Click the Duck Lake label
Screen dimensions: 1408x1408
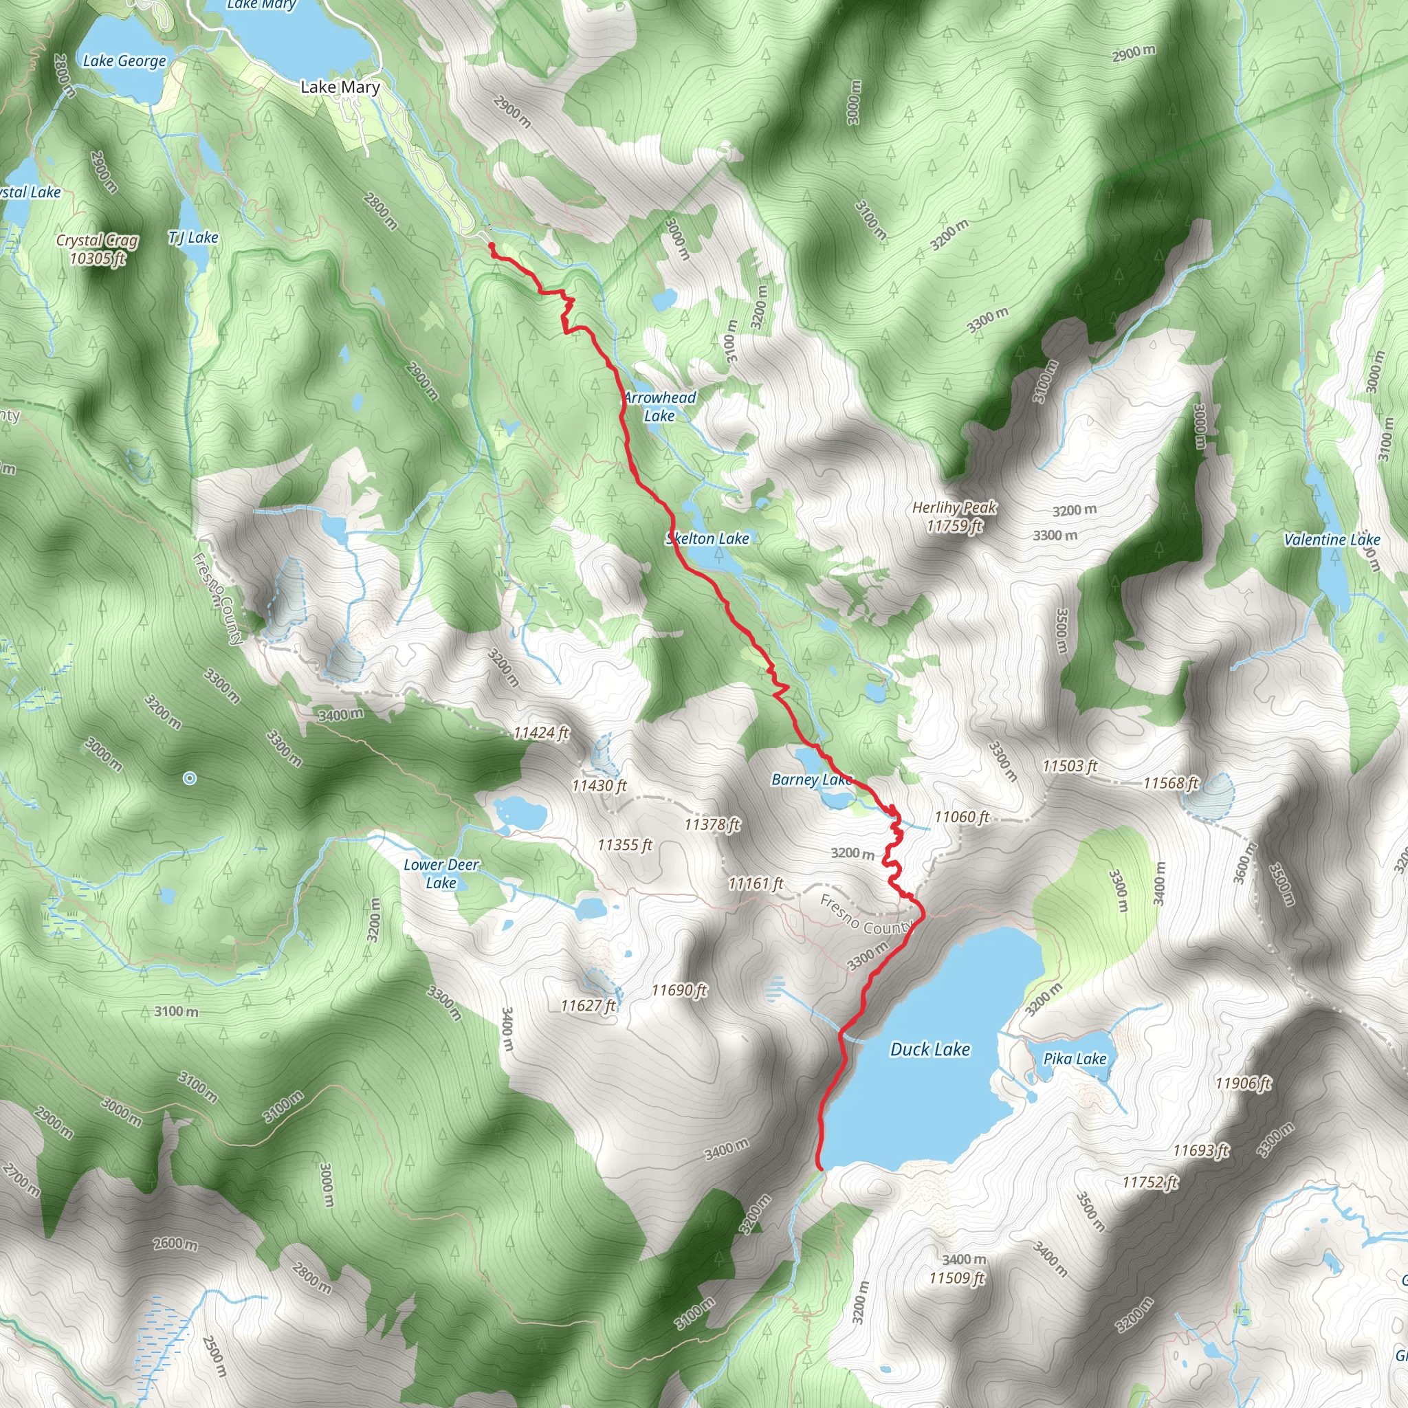930,1049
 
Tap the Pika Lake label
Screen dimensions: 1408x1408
1075,1059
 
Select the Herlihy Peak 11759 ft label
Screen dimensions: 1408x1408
955,517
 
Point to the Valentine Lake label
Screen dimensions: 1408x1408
1332,540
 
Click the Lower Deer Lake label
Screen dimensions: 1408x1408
441,874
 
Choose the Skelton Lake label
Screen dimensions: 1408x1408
707,538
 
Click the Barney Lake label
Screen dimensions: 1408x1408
811,780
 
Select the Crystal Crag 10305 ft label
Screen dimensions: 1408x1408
97,248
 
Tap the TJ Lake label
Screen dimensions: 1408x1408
193,238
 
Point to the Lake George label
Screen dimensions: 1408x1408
124,61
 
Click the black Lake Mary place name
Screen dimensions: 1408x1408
340,87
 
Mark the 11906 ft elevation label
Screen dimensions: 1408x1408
1243,1083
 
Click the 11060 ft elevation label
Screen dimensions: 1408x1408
961,817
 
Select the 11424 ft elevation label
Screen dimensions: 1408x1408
541,732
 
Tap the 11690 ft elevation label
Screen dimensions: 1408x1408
679,990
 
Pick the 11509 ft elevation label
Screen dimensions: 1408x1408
956,1278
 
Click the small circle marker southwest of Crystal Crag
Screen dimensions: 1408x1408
190,779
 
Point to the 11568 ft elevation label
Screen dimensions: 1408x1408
1170,784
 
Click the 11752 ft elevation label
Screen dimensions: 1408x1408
1150,1182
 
